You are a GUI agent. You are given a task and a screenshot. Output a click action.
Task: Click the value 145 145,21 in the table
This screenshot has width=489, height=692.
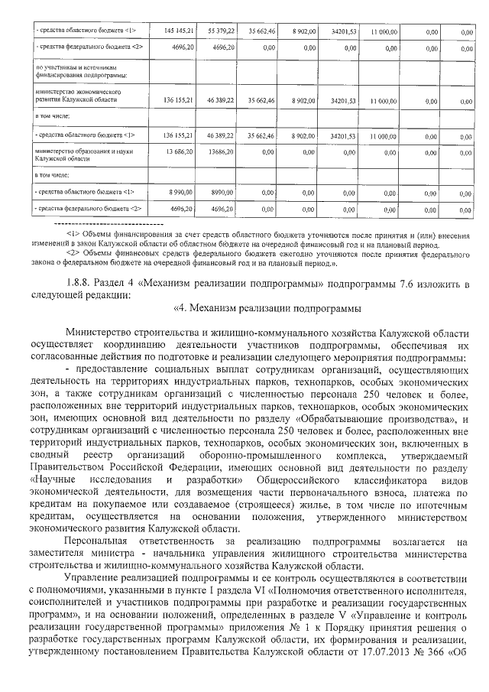coord(179,31)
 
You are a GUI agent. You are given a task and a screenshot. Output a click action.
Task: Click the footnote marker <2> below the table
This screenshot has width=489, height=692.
coord(73,252)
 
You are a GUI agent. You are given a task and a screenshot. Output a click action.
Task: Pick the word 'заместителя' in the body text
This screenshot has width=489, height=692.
coord(61,554)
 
